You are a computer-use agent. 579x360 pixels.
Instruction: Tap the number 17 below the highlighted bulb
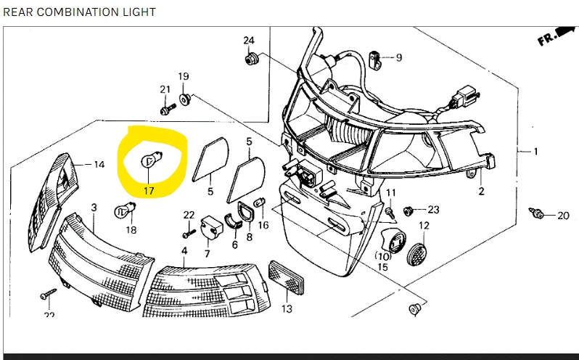click(x=149, y=191)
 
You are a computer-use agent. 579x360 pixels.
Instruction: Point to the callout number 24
click(x=249, y=40)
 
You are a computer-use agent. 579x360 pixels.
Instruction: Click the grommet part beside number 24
click(x=252, y=58)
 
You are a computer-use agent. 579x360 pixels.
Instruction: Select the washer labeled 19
click(x=184, y=99)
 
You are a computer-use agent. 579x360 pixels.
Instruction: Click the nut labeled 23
click(x=408, y=210)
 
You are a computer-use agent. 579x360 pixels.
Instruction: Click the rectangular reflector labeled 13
click(x=287, y=278)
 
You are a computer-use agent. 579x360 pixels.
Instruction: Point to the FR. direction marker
click(x=557, y=35)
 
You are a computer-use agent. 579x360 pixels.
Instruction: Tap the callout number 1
click(x=535, y=151)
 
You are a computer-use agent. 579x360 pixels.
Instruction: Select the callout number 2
click(x=481, y=192)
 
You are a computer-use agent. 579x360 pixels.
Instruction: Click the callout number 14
click(x=99, y=164)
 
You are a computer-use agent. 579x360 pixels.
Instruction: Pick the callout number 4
click(x=184, y=250)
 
